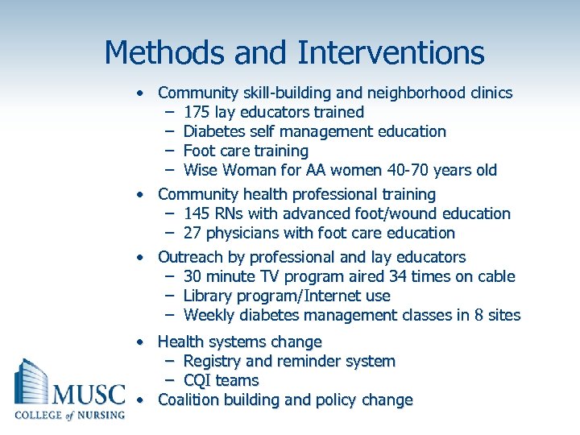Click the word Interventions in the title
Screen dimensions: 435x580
pyautogui.click(x=391, y=53)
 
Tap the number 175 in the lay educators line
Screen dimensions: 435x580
pyautogui.click(x=197, y=112)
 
